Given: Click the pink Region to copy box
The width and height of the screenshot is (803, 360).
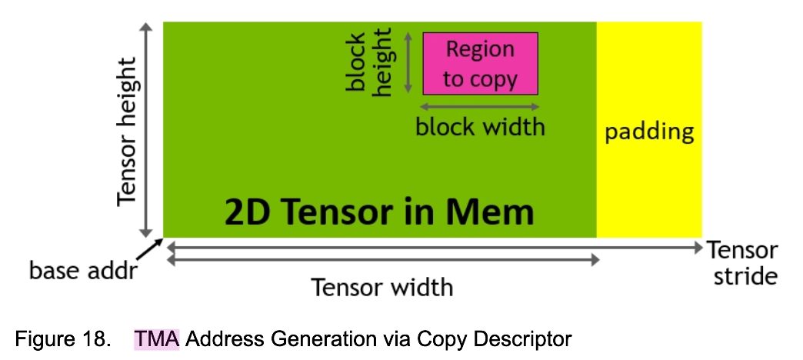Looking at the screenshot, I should pyautogui.click(x=480, y=63).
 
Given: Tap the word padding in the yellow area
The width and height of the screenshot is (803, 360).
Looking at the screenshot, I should pyautogui.click(x=649, y=132).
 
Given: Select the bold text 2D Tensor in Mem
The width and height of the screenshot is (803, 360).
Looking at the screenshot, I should pyautogui.click(x=379, y=211).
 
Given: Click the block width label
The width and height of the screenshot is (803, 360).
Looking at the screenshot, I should pyautogui.click(x=480, y=126).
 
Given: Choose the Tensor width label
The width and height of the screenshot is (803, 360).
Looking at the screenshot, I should pyautogui.click(x=382, y=288).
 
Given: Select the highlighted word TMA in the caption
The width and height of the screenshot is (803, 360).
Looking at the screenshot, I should pyautogui.click(x=156, y=339).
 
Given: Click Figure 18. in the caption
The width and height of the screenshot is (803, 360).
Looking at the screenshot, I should pyautogui.click(x=64, y=339).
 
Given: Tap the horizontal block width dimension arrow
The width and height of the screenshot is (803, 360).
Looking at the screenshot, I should pyautogui.click(x=480, y=108).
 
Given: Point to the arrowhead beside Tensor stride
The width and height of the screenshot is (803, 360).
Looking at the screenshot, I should pyautogui.click(x=697, y=248).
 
